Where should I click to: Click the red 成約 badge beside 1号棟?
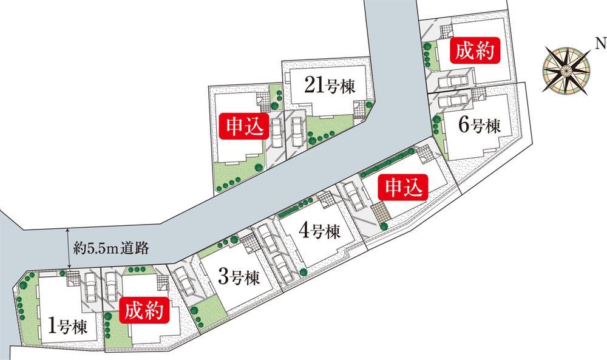pos(146,312)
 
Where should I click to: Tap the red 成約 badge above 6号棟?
pos(474,53)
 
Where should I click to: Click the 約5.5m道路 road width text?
pos(110,248)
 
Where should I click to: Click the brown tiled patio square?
pos(381,213)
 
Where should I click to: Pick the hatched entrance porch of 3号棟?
pos(249,243)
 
